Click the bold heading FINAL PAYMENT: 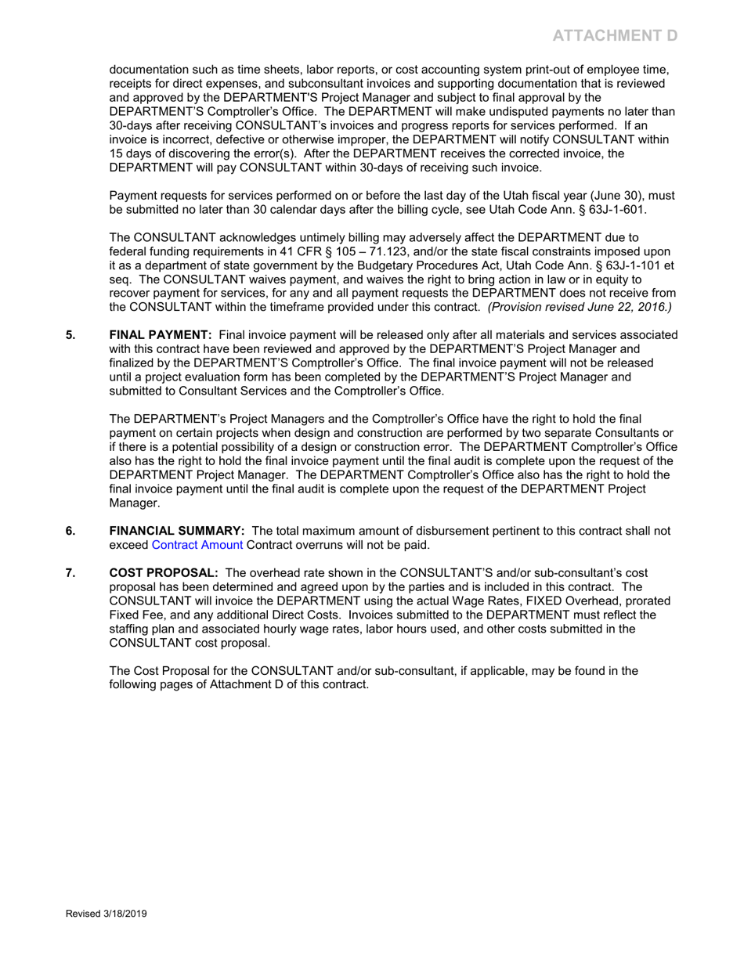point(161,335)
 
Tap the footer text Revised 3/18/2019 point(106,914)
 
